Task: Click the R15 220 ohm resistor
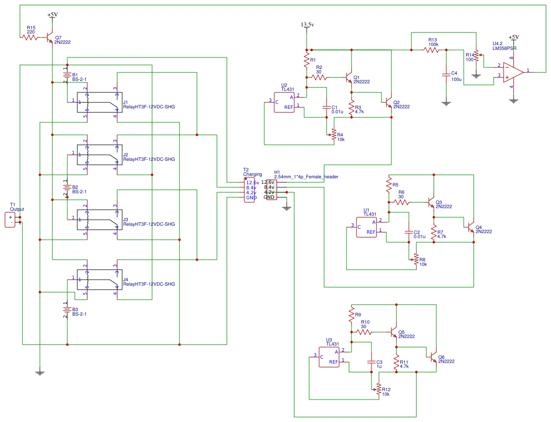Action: point(30,37)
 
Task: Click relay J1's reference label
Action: point(126,101)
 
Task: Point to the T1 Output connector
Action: point(10,220)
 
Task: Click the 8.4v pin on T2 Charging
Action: point(251,187)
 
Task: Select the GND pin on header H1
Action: point(269,197)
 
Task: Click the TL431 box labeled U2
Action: point(284,102)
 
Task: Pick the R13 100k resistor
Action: point(432,50)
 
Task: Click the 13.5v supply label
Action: point(307,24)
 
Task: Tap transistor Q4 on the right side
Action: point(471,227)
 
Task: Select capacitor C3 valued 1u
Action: point(371,362)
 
